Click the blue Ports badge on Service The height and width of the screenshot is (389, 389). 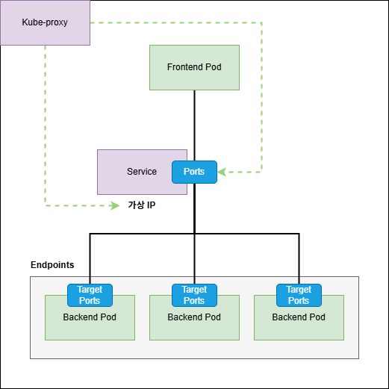(x=194, y=172)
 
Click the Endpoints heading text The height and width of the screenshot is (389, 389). (x=52, y=265)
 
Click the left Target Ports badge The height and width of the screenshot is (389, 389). (x=90, y=295)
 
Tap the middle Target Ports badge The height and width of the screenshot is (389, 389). (x=194, y=295)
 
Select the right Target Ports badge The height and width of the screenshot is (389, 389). (x=299, y=295)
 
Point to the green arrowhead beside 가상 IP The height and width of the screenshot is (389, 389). (x=115, y=205)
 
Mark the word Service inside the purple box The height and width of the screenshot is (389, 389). (x=142, y=172)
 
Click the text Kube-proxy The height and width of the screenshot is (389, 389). (x=45, y=22)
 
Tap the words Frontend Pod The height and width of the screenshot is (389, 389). (x=194, y=67)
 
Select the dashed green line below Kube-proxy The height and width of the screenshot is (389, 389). (x=45, y=127)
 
